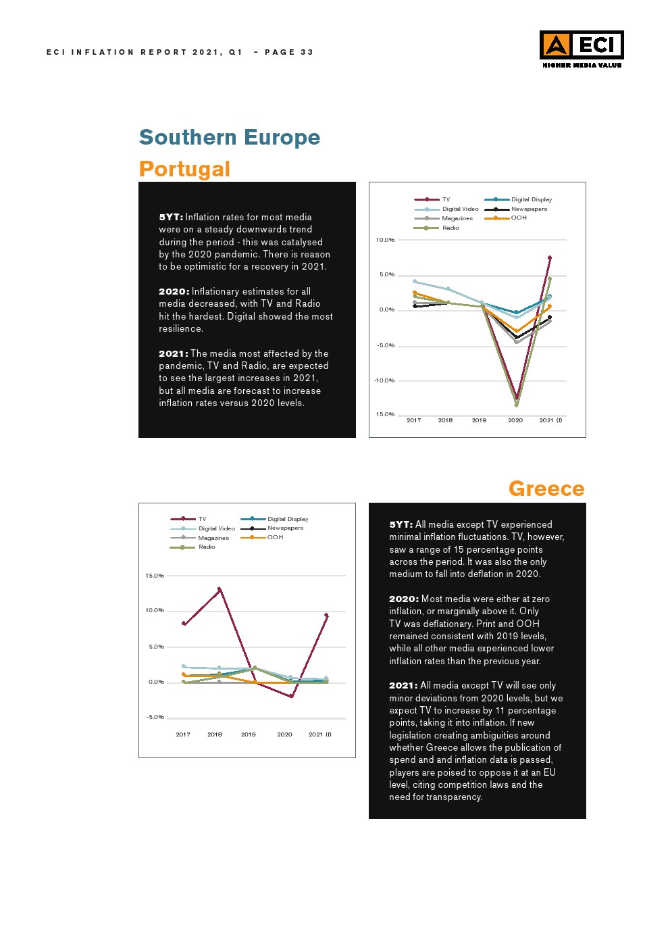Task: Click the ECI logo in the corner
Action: coord(581,48)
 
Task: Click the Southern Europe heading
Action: coord(230,137)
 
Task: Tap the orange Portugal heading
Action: coord(184,169)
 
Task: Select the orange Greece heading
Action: coord(546,489)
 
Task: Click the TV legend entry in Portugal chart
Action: coord(446,199)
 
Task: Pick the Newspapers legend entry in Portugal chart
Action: coord(529,209)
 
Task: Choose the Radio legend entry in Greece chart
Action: coord(207,547)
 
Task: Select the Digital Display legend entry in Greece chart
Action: coord(288,519)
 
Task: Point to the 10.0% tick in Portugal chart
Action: coord(385,240)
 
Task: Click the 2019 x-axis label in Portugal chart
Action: coord(479,420)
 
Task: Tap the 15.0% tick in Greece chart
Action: coord(155,576)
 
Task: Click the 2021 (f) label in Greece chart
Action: coord(320,734)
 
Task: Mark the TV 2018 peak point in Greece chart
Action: coord(219,589)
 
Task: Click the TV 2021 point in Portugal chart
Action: coord(550,257)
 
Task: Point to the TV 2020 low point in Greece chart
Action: coord(291,696)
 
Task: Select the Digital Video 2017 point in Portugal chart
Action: coord(415,281)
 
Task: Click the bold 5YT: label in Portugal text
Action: coord(171,217)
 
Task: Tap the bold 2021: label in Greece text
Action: coord(403,685)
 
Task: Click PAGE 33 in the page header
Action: coord(289,52)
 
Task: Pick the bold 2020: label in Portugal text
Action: coord(174,291)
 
